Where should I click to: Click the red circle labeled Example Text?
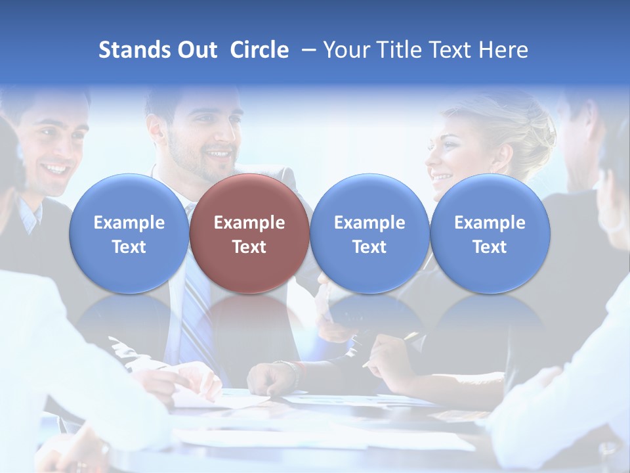pos(249,234)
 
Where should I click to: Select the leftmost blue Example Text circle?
pos(129,234)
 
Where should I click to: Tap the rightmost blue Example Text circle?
pos(490,234)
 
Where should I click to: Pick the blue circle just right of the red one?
pos(369,234)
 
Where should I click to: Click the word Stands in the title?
pos(134,50)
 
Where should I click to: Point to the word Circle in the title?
pos(259,50)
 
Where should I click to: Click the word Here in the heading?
pos(503,50)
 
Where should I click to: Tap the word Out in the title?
pos(197,50)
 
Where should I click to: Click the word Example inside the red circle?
pos(249,223)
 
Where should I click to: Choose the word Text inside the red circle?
pos(249,247)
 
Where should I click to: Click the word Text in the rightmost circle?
pos(490,247)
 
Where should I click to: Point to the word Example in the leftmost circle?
pos(129,223)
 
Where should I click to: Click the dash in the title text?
pos(306,50)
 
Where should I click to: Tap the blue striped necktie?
pos(195,315)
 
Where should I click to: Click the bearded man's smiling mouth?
pos(217,156)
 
